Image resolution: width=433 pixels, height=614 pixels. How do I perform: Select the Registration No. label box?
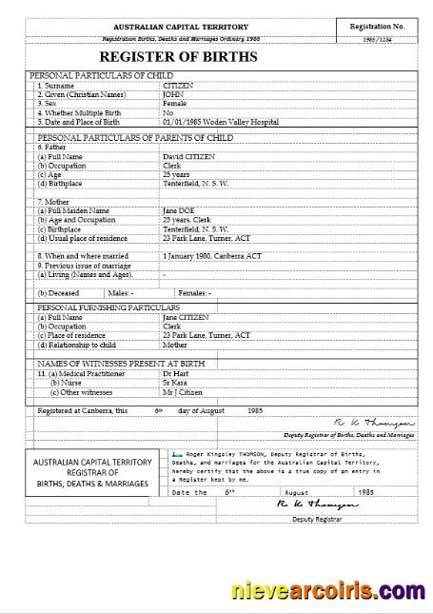(378, 27)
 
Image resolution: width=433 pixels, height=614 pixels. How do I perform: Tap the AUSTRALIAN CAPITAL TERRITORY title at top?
(181, 27)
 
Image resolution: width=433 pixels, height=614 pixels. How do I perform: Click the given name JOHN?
(172, 93)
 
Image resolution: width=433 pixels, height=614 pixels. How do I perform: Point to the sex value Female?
(176, 103)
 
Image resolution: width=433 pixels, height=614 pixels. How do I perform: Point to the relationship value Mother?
(176, 345)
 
